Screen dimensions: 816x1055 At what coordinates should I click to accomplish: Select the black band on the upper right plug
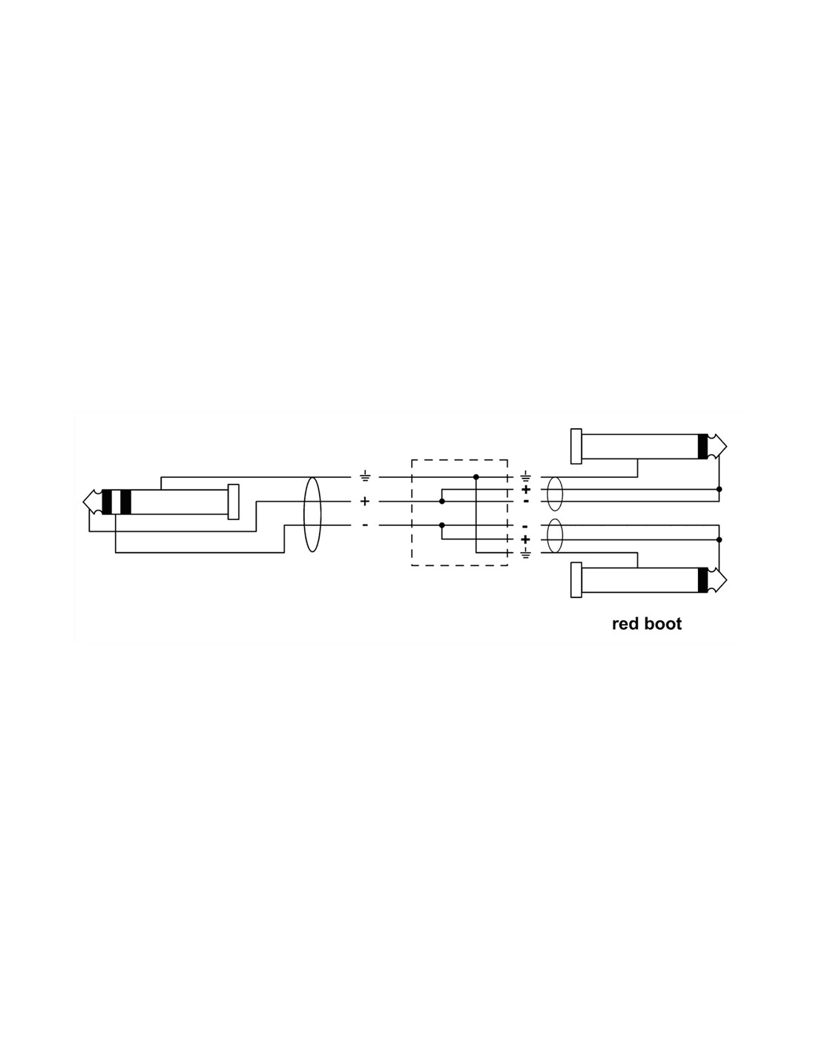703,446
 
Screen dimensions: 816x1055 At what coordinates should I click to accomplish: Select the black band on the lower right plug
703,579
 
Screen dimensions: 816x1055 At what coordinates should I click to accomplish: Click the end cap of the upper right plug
576,446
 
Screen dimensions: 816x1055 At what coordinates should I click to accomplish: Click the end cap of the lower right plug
576,579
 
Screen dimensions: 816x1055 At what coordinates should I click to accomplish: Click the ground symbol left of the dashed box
364,477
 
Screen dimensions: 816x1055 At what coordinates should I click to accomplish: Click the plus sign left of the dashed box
364,501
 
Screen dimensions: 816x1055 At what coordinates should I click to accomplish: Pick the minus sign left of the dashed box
364,525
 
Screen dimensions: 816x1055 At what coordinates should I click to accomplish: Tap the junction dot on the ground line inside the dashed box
476,477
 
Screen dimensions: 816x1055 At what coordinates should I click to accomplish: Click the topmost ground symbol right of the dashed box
526,476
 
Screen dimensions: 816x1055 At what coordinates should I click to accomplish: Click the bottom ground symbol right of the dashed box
526,553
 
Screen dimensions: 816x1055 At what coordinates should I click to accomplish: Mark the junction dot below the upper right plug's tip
719,489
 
